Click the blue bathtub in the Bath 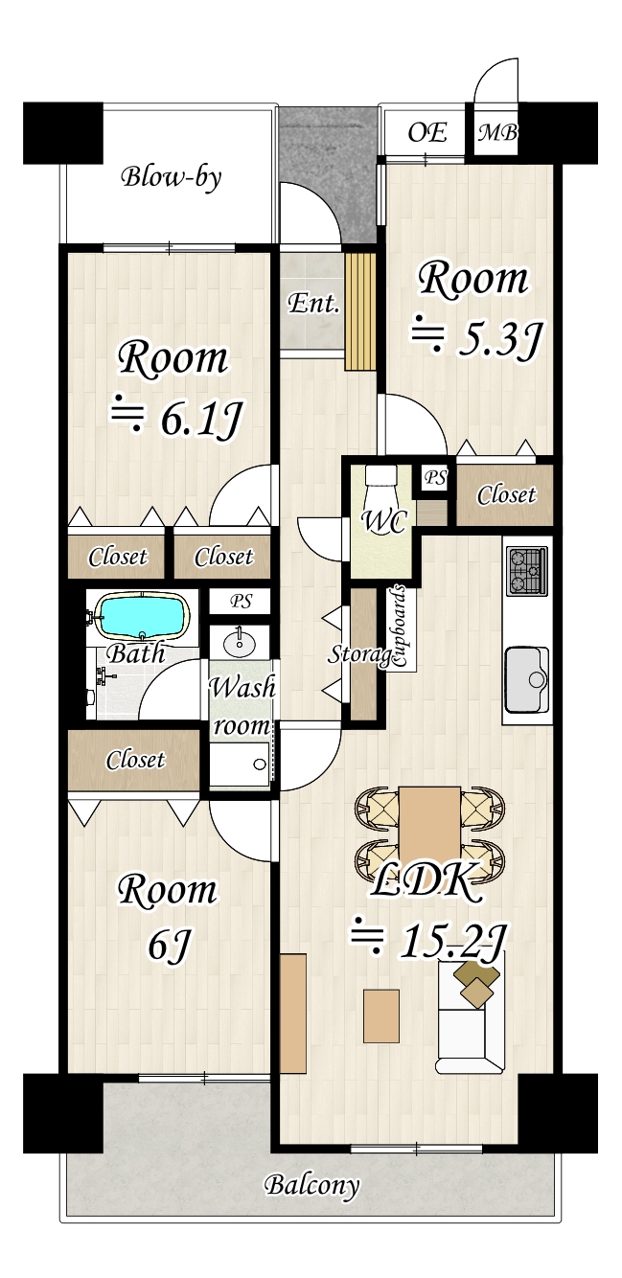click(142, 616)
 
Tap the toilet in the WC click(380, 485)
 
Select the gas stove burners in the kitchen click(527, 571)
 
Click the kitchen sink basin click(527, 679)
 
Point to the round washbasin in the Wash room click(240, 646)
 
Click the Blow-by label click(172, 177)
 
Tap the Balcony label click(311, 1186)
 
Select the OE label click(426, 132)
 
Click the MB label click(497, 133)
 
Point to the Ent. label click(313, 303)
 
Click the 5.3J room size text click(500, 338)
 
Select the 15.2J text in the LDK click(453, 942)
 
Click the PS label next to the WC click(436, 477)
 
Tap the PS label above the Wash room click(241, 602)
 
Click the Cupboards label click(400, 627)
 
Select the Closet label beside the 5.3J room click(506, 495)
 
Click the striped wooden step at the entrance click(359, 312)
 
